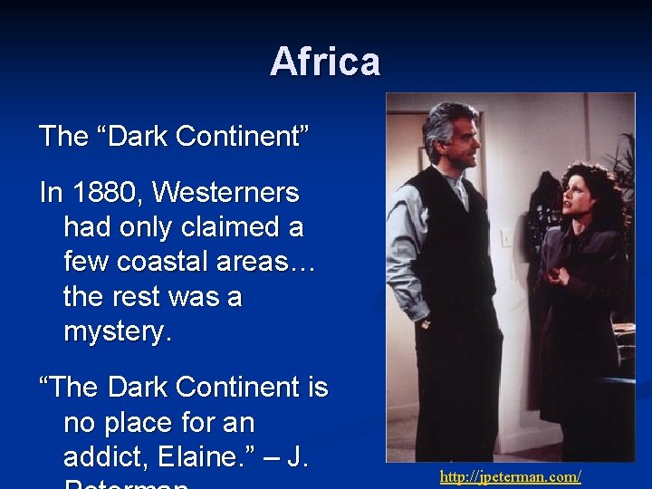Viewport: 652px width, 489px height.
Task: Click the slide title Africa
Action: [325, 62]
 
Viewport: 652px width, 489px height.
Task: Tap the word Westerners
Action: [226, 192]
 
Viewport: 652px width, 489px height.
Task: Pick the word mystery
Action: [117, 331]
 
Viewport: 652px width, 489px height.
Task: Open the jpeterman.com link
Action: [510, 476]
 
